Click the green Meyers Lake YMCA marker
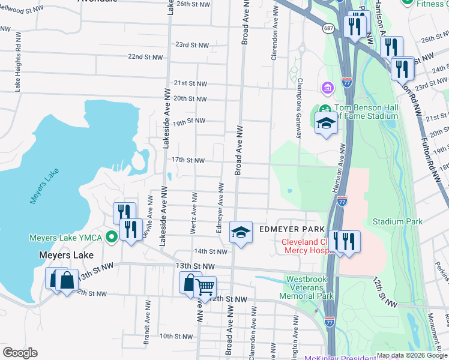tap(111, 238)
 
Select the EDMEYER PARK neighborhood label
tap(292, 230)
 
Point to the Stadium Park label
tap(397, 221)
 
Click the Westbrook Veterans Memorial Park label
tap(309, 287)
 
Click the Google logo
tap(20, 353)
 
